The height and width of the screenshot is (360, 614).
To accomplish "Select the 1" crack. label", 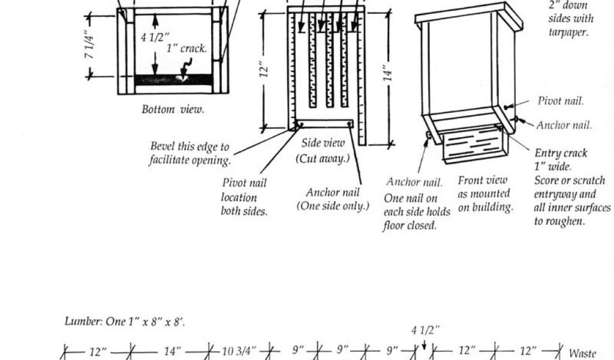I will pos(186,49).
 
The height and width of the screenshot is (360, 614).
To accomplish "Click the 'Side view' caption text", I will pos(323,143).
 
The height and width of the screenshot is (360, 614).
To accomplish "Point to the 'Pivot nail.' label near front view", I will pos(561,101).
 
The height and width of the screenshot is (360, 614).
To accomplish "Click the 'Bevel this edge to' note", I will pos(189,147).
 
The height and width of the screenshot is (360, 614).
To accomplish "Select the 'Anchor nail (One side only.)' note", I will pos(333,199).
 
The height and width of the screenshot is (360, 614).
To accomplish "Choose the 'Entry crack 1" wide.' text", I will pos(560,159).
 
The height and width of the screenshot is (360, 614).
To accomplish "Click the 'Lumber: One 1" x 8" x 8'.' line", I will pos(125,322).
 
